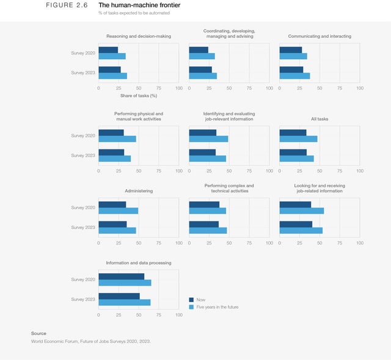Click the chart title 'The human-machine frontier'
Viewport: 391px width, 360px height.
[x=139, y=5]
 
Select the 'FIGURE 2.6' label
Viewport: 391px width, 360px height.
[x=67, y=5]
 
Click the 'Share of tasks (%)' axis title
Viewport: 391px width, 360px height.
[x=139, y=96]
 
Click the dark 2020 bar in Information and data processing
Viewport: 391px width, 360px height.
[x=122, y=276]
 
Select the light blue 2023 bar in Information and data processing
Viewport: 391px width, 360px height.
[x=124, y=302]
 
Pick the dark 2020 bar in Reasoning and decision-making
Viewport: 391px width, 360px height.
[x=108, y=50]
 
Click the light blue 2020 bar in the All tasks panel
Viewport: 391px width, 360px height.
[x=298, y=139]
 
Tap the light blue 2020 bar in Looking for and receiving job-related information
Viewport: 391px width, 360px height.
[x=301, y=211]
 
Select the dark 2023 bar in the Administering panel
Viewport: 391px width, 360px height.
[x=112, y=224]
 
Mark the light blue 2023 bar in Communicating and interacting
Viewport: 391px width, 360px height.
[x=294, y=76]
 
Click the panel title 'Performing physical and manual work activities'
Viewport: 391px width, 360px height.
[x=139, y=116]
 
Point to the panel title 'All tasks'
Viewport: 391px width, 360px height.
[x=320, y=119]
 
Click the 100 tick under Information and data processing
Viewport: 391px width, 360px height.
[x=178, y=315]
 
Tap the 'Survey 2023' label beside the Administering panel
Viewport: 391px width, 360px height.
[x=83, y=227]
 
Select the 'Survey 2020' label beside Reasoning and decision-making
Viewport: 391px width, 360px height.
[x=83, y=53]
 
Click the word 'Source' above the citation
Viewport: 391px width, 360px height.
[x=38, y=333]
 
